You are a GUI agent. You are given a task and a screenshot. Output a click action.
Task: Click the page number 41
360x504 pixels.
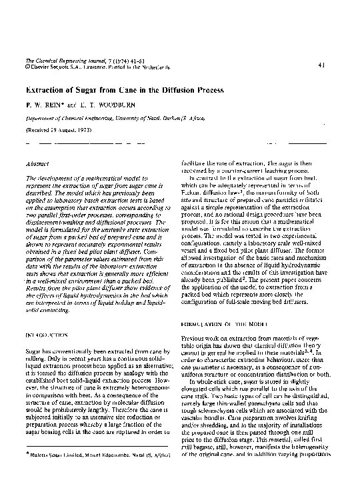click(322, 65)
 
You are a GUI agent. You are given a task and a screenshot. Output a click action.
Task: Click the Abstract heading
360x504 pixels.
click(36, 163)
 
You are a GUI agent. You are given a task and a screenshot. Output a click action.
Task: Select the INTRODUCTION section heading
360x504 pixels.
click(47, 331)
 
